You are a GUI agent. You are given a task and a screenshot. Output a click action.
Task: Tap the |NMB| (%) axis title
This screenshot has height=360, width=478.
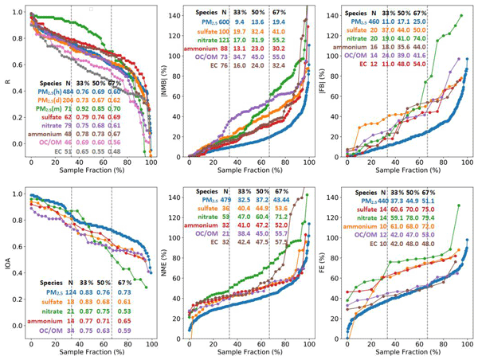point(166,80)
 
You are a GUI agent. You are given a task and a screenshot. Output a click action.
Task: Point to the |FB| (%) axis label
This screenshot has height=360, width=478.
point(325,80)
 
